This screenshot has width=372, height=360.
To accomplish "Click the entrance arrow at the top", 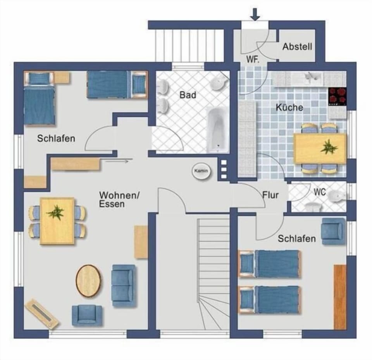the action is coord(255,14).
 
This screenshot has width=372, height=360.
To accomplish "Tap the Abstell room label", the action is coord(297,46).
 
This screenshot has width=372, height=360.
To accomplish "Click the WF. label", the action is coord(253,59).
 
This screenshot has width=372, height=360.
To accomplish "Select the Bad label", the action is coord(188,95).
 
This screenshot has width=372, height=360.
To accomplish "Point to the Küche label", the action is coord(289,107).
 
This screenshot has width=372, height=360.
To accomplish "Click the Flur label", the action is coord(270,195).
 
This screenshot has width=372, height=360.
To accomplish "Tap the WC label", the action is coord(320,192).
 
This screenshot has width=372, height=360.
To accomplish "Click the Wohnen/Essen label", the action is coord(119,200).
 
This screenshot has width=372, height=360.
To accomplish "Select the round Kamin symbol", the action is coord(201,171).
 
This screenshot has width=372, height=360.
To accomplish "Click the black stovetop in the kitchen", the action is coord(338,96).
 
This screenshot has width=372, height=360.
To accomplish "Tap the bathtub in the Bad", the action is coord(217,129).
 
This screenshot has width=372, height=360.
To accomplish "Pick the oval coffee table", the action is coord(88,281).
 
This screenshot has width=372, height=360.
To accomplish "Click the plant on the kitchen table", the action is coord(329,147).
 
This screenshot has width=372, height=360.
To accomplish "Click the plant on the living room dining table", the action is coord(55,212).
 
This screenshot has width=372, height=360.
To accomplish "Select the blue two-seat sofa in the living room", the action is coord(124,286).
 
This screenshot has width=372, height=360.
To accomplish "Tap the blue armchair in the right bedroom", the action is coord(333,231).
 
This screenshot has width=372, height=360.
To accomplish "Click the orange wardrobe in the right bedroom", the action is coord(340,297).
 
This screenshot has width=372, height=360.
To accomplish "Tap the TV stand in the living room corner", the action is coord(42,314).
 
